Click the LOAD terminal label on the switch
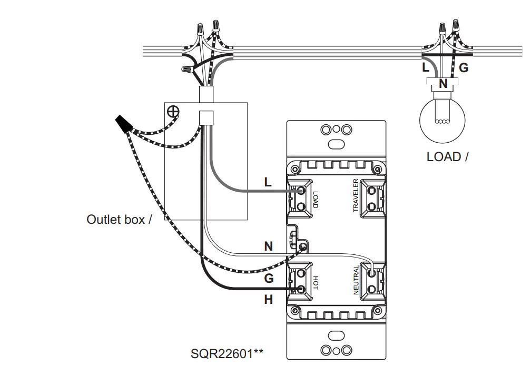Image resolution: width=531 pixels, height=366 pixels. pyautogui.click(x=315, y=200)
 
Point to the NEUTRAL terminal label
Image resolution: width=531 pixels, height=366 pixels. pyautogui.click(x=356, y=280)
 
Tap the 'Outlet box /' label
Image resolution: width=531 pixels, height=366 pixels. pyautogui.click(x=119, y=219)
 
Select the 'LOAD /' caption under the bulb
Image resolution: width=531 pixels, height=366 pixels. pyautogui.click(x=447, y=156)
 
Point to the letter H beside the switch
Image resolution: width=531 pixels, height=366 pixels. pyautogui.click(x=269, y=299)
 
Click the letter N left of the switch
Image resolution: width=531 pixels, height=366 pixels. pyautogui.click(x=269, y=246)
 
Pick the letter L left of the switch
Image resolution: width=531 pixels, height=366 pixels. pyautogui.click(x=268, y=182)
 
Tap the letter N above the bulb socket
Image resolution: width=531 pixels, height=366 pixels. pyautogui.click(x=443, y=83)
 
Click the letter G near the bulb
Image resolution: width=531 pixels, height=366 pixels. pyautogui.click(x=463, y=67)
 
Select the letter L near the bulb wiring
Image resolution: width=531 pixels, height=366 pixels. pyautogui.click(x=426, y=67)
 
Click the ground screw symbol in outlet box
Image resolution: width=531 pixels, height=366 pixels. pyautogui.click(x=173, y=111)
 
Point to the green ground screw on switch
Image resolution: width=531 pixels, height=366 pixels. pyautogui.click(x=302, y=246)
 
